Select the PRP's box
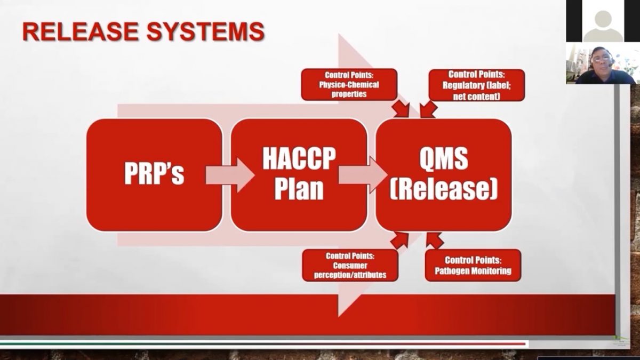point(154,174)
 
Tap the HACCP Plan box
point(299,174)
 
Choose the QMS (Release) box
point(444,174)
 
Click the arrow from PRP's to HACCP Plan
point(230,175)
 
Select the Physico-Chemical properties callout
point(349,84)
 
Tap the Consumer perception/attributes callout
point(350,266)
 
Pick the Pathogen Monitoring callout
point(473,265)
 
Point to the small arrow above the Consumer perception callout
point(399,241)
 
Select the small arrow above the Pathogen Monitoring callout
point(434,241)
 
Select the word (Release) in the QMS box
point(444,190)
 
